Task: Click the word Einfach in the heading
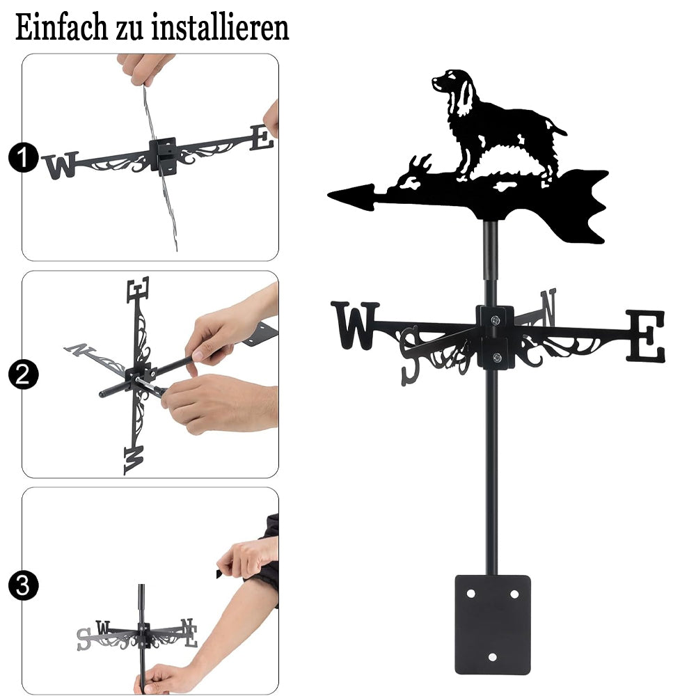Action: click(x=61, y=27)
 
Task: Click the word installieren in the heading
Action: click(x=220, y=27)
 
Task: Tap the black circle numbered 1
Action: click(x=24, y=157)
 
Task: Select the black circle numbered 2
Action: click(x=24, y=374)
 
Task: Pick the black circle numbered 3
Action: click(x=24, y=585)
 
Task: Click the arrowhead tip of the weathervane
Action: click(x=329, y=194)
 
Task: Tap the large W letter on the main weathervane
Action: click(x=355, y=325)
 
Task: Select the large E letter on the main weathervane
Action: click(x=646, y=336)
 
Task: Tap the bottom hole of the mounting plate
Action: click(x=492, y=657)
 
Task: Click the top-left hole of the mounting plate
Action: click(x=470, y=594)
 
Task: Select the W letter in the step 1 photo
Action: click(x=60, y=165)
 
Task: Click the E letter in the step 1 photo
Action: click(x=262, y=138)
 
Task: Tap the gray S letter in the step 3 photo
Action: click(x=84, y=639)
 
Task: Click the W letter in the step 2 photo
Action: click(x=134, y=460)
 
